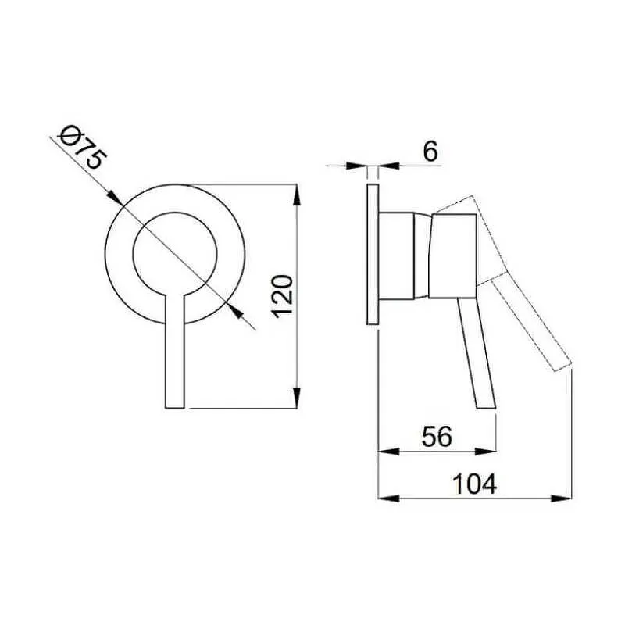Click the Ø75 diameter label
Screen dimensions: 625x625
(83, 148)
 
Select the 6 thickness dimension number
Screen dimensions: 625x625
(430, 151)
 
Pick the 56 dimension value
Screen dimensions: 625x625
(437, 437)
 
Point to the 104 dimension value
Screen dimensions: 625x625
(475, 484)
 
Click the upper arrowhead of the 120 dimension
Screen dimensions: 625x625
(296, 195)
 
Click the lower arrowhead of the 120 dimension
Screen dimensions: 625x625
(296, 398)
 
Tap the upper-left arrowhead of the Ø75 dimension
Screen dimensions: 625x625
(114, 198)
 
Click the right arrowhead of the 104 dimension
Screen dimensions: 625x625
(561, 498)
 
